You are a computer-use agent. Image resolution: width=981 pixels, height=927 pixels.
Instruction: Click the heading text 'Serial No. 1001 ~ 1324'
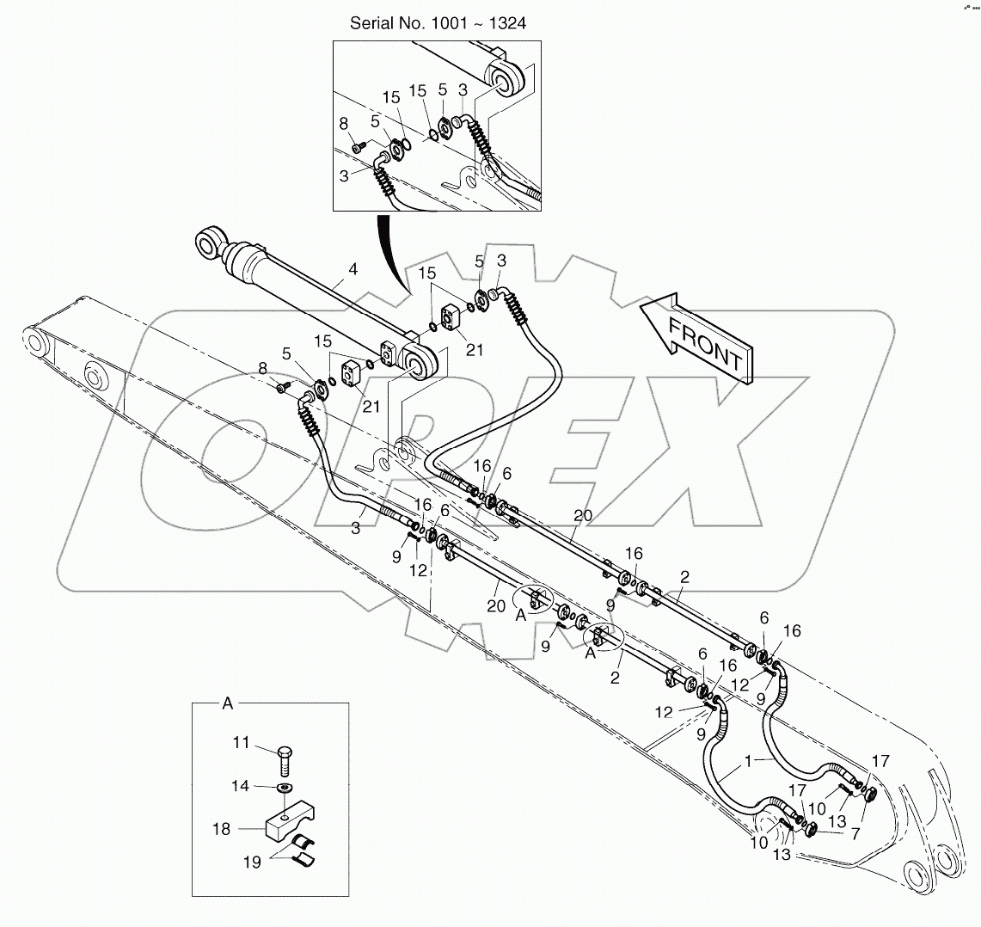click(438, 23)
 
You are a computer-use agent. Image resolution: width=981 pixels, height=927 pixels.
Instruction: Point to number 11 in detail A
click(241, 741)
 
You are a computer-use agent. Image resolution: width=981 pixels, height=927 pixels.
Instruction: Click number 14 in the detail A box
click(241, 786)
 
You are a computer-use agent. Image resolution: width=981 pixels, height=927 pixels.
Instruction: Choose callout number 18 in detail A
click(222, 829)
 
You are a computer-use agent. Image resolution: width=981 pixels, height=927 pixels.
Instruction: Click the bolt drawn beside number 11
click(285, 760)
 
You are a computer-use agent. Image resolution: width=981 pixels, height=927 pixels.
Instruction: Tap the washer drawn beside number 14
click(285, 787)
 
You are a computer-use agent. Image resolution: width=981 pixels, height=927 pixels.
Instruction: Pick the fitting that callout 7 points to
click(812, 829)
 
